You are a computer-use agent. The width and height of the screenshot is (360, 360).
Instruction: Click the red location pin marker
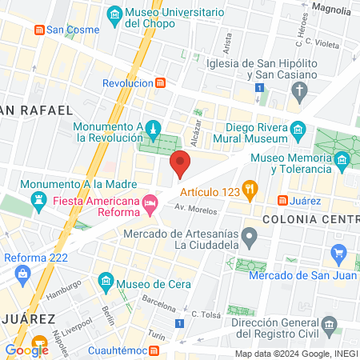(181, 163)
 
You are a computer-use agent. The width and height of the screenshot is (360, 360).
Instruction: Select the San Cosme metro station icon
(38, 30)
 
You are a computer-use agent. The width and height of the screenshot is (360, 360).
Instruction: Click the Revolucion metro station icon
(161, 83)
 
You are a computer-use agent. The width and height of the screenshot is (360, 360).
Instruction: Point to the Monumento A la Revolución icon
(153, 127)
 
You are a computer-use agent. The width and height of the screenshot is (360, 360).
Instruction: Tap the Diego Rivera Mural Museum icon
(298, 130)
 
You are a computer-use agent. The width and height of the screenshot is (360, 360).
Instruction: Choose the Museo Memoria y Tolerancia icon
(342, 161)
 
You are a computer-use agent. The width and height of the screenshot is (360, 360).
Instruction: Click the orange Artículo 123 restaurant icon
(250, 190)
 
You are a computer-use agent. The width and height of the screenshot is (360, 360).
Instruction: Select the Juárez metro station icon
(282, 200)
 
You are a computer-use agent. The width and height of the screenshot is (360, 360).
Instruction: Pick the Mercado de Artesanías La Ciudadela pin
(250, 236)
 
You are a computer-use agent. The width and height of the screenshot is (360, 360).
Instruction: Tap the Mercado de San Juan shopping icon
(338, 254)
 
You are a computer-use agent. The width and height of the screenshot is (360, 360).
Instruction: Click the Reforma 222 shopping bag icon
(22, 274)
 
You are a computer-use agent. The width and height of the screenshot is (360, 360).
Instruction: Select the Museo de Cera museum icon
(106, 282)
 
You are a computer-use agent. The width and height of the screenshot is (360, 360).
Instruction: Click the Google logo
(27, 350)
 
